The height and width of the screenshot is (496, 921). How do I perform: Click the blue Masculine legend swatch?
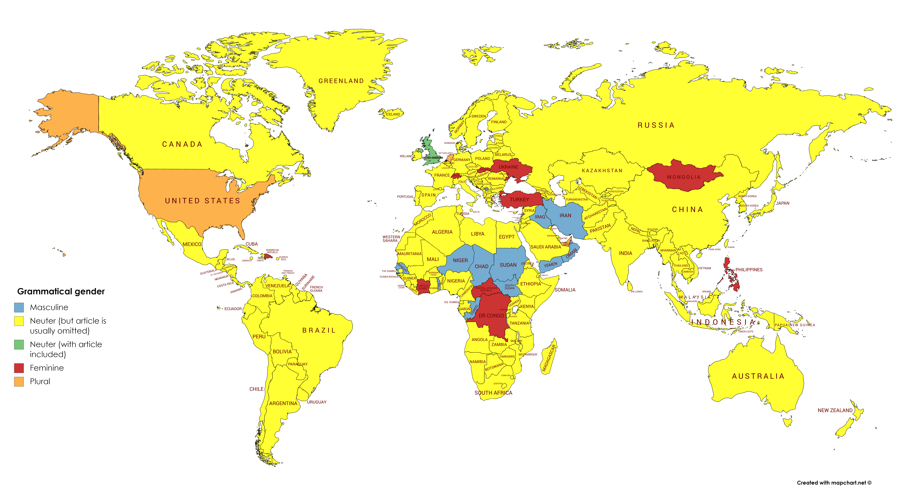19,307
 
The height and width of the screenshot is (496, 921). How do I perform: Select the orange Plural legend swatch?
19,382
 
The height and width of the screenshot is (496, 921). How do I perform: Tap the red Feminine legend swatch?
19,368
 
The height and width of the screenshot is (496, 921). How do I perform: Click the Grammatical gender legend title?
61,292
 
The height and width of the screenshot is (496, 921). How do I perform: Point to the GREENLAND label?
341,81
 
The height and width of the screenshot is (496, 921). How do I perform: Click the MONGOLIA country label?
684,177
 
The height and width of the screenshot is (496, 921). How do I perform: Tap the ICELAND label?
393,114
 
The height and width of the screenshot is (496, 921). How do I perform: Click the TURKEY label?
519,200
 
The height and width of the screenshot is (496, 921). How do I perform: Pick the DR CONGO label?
491,316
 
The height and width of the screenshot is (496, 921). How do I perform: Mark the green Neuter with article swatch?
19,344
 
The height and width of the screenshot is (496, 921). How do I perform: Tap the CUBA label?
251,244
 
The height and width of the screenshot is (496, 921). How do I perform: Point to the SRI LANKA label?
636,292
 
